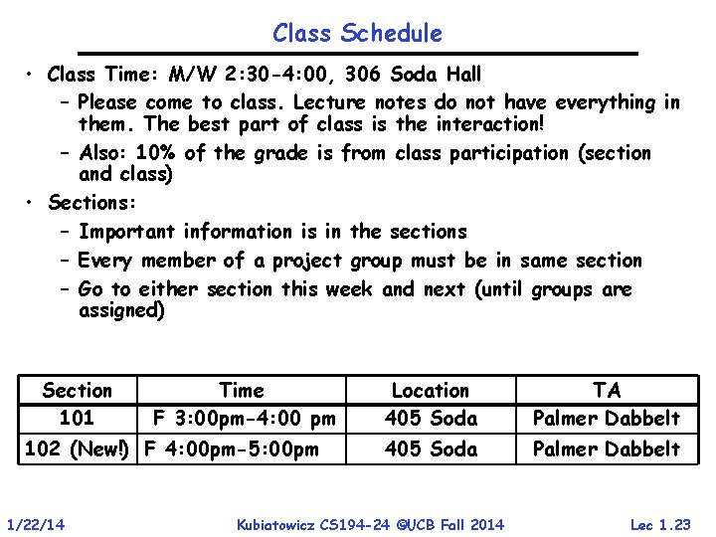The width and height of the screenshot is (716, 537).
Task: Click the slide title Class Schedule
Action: [357, 33]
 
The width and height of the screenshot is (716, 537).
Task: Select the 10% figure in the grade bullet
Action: [158, 153]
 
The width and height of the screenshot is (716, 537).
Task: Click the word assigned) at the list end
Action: [121, 310]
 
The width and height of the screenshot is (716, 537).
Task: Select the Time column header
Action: [242, 391]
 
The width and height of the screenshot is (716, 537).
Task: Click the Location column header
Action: [431, 391]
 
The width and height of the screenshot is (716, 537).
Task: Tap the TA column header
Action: [606, 391]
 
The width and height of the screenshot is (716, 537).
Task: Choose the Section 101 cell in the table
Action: [78, 404]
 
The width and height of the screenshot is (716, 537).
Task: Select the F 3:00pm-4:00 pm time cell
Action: [243, 418]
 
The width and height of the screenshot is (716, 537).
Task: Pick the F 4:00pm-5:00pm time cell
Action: [232, 448]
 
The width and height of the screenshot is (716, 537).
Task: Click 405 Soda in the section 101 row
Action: [431, 418]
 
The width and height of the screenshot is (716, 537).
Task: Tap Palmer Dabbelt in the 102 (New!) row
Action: [607, 448]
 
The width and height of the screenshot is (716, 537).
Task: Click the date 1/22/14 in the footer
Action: [36, 524]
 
